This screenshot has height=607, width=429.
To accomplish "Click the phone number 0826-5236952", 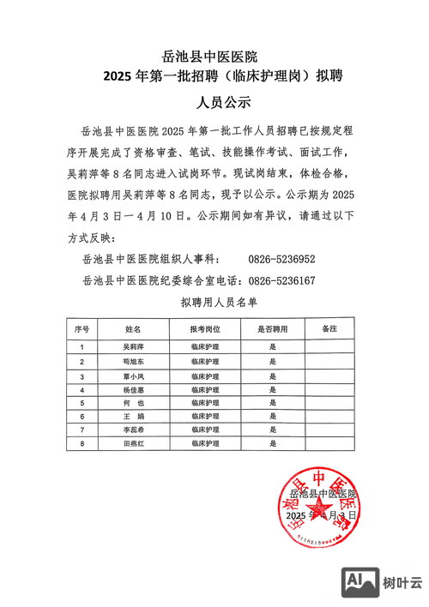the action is pyautogui.click(x=282, y=258).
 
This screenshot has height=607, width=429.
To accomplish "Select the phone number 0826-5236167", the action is pyautogui.click(x=282, y=279).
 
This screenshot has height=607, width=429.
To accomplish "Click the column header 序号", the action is pyautogui.click(x=82, y=329).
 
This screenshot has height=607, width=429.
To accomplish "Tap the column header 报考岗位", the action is pyautogui.click(x=207, y=329).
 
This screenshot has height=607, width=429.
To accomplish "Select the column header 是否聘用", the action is pyautogui.click(x=272, y=329).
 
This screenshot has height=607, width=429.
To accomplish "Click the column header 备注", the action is pyautogui.click(x=329, y=329).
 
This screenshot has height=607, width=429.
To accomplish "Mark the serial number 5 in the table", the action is pyautogui.click(x=82, y=402).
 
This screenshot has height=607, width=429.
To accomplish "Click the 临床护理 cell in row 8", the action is pyautogui.click(x=207, y=443).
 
